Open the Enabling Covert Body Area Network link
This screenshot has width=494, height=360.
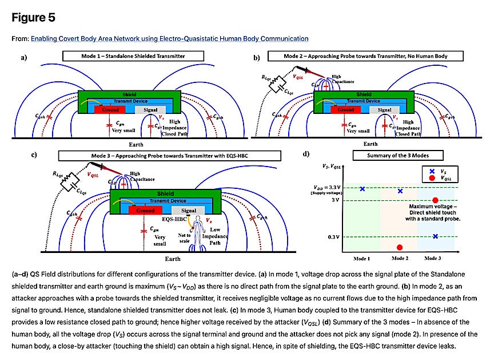[169, 38]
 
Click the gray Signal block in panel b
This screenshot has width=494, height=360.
[384, 110]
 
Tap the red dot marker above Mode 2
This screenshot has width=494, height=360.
[400, 247]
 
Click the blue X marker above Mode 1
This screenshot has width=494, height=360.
[362, 188]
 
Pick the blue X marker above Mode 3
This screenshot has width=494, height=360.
[435, 236]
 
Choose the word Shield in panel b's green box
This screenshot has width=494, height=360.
[364, 94]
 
